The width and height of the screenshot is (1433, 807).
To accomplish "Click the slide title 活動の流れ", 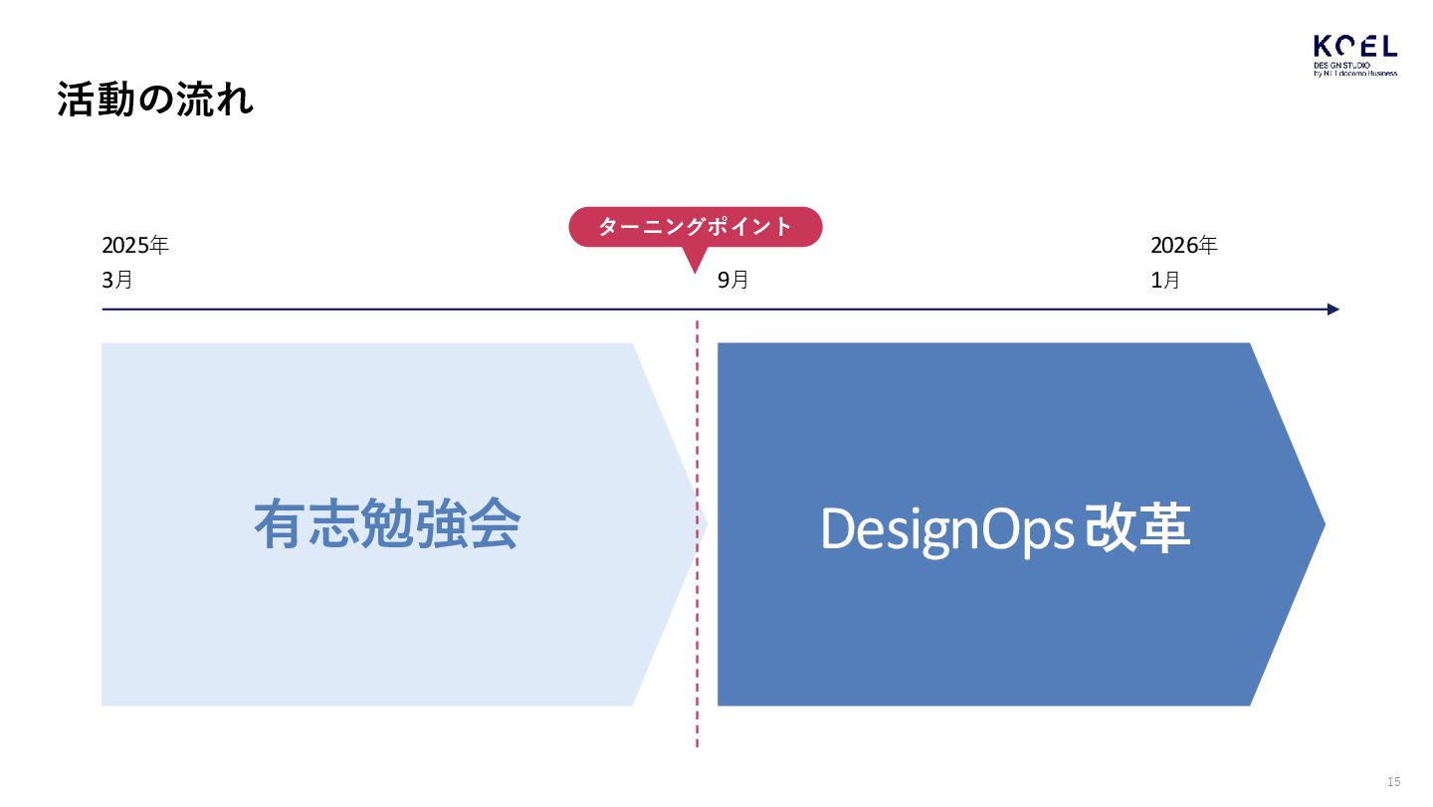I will pyautogui.click(x=155, y=101).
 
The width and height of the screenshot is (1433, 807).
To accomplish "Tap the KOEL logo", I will pyautogui.click(x=1354, y=55).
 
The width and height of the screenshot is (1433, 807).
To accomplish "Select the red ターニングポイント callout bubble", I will pyautogui.click(x=695, y=227).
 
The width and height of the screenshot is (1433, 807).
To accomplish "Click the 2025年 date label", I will pyautogui.click(x=135, y=246).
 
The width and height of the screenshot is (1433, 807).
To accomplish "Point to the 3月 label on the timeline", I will pyautogui.click(x=117, y=281).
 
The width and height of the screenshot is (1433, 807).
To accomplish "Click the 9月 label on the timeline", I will pyautogui.click(x=733, y=281).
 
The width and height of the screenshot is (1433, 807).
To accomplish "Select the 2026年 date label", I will pyautogui.click(x=1183, y=246).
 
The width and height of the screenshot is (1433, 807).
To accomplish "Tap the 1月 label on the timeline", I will pyautogui.click(x=1165, y=281).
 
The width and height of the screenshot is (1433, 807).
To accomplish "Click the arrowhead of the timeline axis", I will pyautogui.click(x=1333, y=309).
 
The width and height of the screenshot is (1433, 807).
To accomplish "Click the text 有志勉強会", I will pyautogui.click(x=386, y=524).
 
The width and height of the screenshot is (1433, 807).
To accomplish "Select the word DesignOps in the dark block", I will pyautogui.click(x=945, y=529).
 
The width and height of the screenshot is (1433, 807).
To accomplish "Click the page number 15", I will pyautogui.click(x=1393, y=781).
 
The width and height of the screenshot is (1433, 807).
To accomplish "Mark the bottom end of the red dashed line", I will pyautogui.click(x=697, y=743).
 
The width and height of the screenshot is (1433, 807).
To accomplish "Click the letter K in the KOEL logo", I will pyautogui.click(x=1323, y=46).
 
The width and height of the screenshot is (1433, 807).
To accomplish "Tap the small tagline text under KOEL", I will pyautogui.click(x=1354, y=69).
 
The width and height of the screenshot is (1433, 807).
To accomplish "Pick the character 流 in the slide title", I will pyautogui.click(x=191, y=101).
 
